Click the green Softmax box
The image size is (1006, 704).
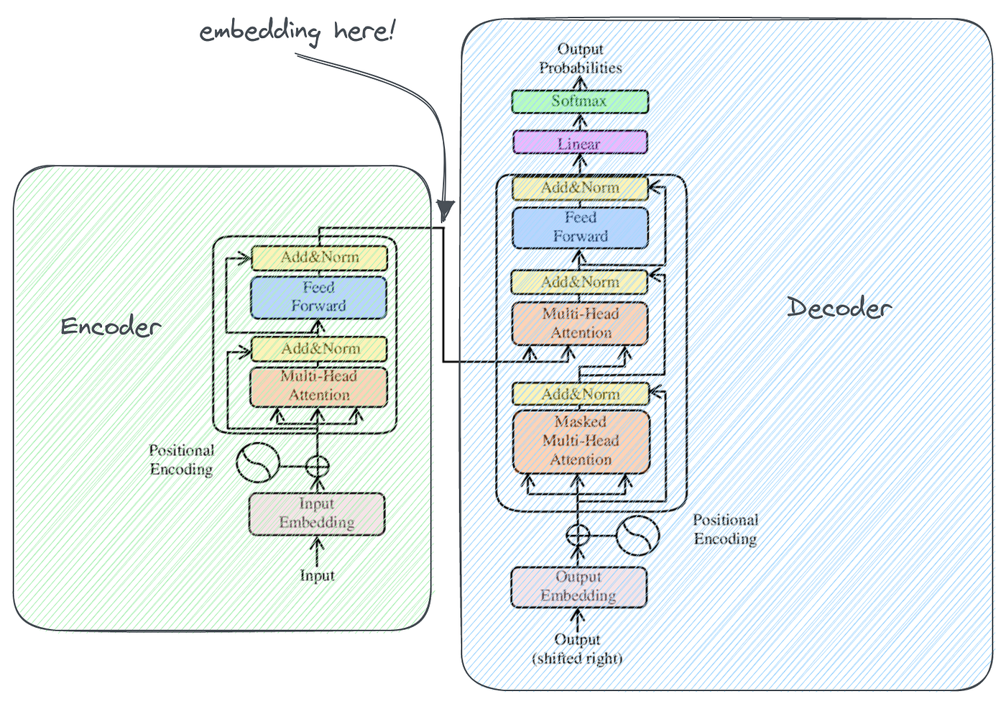click(580, 101)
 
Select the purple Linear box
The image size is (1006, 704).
click(580, 142)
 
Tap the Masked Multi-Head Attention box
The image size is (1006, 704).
click(581, 441)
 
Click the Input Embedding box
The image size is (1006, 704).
click(317, 513)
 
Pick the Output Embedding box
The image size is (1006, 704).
click(578, 587)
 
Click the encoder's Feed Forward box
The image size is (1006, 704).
click(318, 297)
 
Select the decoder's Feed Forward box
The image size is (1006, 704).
click(580, 227)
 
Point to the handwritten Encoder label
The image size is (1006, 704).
click(111, 327)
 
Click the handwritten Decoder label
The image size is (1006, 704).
click(839, 308)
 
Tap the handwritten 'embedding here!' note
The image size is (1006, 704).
click(297, 32)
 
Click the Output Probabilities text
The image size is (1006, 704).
click(581, 59)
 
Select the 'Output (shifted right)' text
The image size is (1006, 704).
click(577, 649)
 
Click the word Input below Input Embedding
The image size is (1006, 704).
click(317, 576)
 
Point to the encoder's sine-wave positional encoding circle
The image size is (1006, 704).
click(257, 462)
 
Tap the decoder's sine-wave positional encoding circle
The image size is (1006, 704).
click(637, 536)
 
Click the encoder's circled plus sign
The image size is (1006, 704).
click(317, 466)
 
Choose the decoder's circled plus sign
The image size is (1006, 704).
click(578, 536)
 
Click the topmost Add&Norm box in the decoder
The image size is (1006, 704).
click(580, 188)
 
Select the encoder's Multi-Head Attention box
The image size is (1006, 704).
click(318, 386)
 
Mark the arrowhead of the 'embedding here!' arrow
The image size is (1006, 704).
click(446, 211)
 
